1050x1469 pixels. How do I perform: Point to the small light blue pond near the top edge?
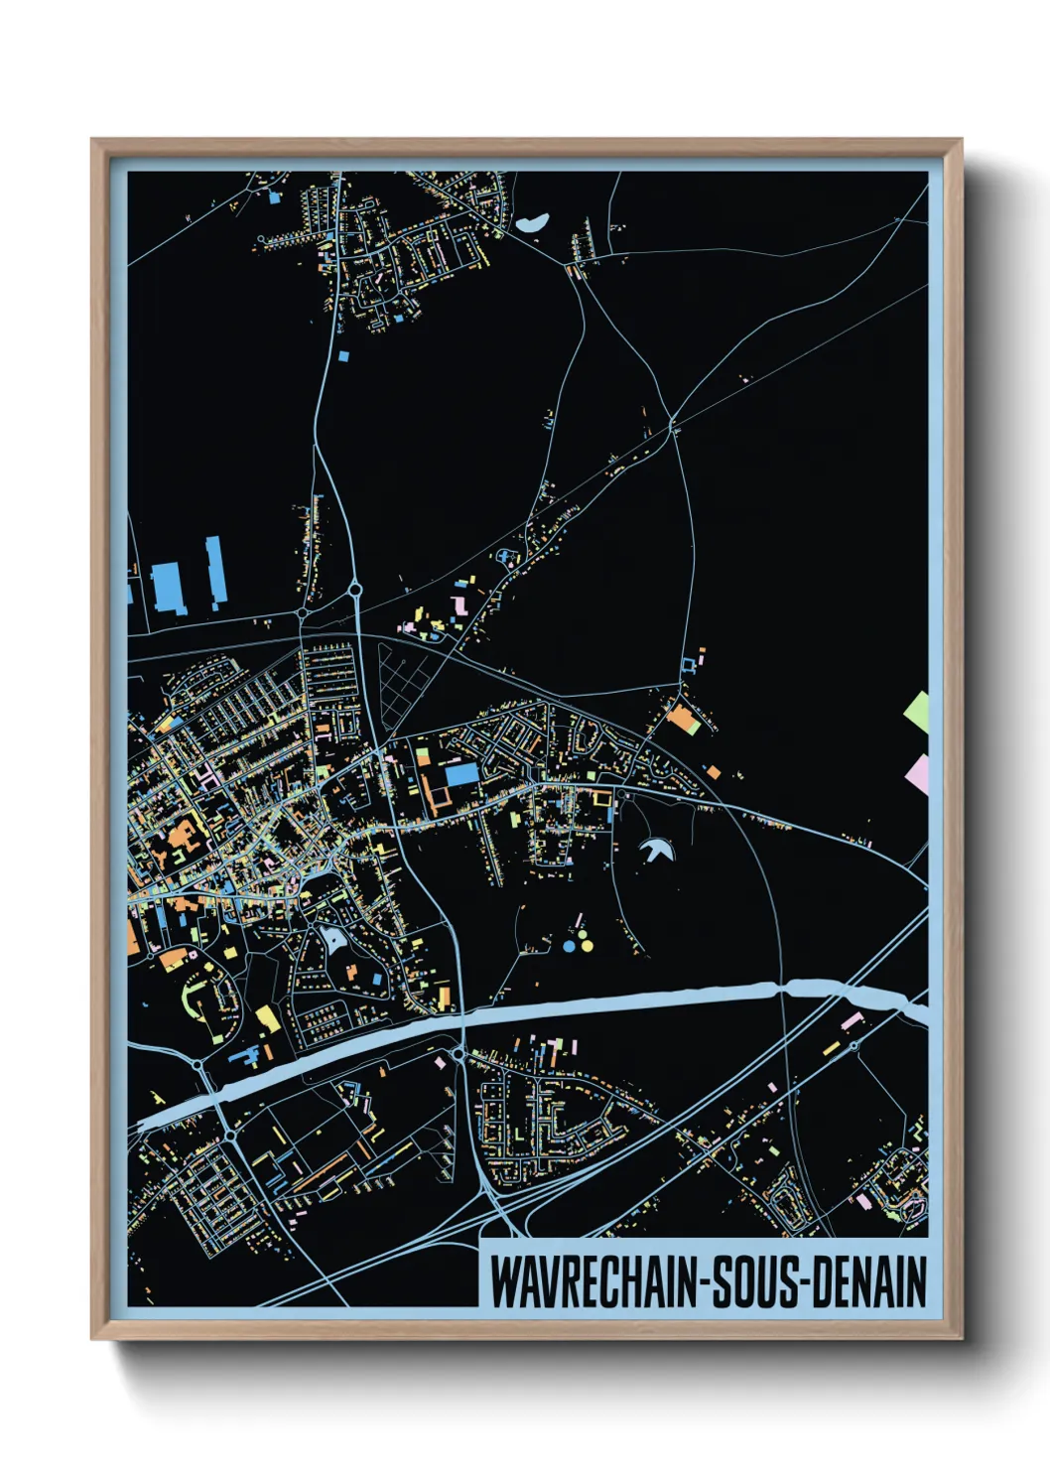[533, 223]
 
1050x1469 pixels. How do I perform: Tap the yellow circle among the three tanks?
[587, 946]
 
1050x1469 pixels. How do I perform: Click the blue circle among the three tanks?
[569, 946]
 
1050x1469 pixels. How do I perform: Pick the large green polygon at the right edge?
[918, 710]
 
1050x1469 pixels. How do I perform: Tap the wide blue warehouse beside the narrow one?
[167, 588]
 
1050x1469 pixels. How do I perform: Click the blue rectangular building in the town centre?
[461, 774]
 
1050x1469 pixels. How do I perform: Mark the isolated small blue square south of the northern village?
[344, 355]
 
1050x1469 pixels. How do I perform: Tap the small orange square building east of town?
[713, 771]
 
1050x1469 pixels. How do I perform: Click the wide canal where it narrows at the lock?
[784, 987]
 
